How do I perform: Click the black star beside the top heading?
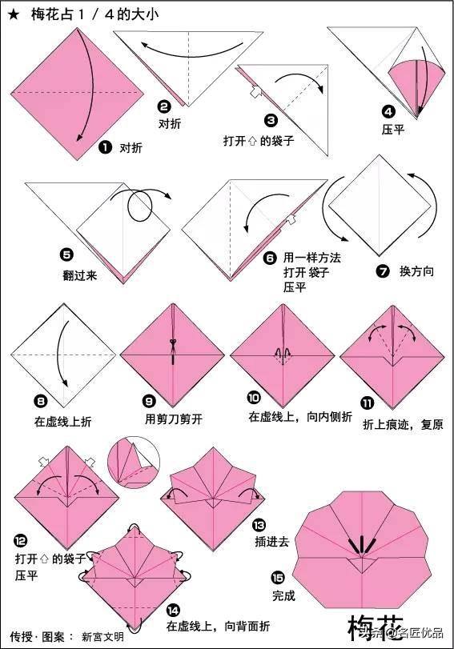14,16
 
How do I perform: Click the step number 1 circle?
105,147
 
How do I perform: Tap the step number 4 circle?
388,112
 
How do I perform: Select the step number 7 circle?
383,271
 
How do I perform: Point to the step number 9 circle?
149,401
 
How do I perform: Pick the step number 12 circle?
20,540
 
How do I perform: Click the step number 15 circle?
278,577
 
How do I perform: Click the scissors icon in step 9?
172,343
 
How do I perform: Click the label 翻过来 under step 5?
80,275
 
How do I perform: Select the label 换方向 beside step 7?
416,271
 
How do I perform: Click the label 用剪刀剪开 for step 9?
174,419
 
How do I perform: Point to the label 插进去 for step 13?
271,542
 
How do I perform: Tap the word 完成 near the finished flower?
283,596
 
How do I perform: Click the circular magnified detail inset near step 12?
134,463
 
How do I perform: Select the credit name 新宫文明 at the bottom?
102,636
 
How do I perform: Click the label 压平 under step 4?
393,130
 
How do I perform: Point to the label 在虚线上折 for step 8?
63,422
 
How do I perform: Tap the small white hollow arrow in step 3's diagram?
255,91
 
